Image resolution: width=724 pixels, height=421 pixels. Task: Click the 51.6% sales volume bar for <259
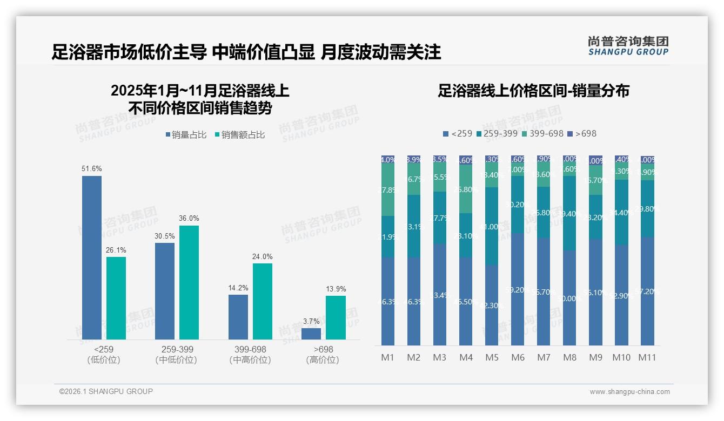click(x=92, y=257)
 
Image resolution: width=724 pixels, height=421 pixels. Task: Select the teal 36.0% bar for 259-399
click(x=189, y=282)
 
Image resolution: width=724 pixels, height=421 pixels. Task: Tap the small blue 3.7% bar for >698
click(x=311, y=334)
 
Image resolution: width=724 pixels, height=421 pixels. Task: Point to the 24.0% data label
click(x=263, y=256)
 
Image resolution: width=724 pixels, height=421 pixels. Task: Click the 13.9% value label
click(x=336, y=289)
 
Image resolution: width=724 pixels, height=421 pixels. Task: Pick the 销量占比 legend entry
click(x=186, y=135)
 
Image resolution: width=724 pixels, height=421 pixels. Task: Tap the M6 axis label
click(x=518, y=357)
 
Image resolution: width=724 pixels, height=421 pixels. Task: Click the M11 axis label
click(x=647, y=357)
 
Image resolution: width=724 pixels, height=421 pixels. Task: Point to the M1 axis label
click(x=387, y=357)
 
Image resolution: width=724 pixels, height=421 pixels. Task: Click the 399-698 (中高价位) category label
click(x=250, y=355)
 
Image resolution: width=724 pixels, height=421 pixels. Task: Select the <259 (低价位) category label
click(x=103, y=355)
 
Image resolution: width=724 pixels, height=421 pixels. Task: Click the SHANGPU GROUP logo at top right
click(x=628, y=46)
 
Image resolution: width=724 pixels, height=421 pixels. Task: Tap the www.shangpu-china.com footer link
click(x=629, y=392)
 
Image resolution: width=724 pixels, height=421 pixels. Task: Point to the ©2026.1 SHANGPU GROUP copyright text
click(x=106, y=391)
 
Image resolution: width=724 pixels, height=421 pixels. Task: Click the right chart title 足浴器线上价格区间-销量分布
click(x=533, y=91)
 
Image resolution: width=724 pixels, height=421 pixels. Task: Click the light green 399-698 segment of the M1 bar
click(x=387, y=190)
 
